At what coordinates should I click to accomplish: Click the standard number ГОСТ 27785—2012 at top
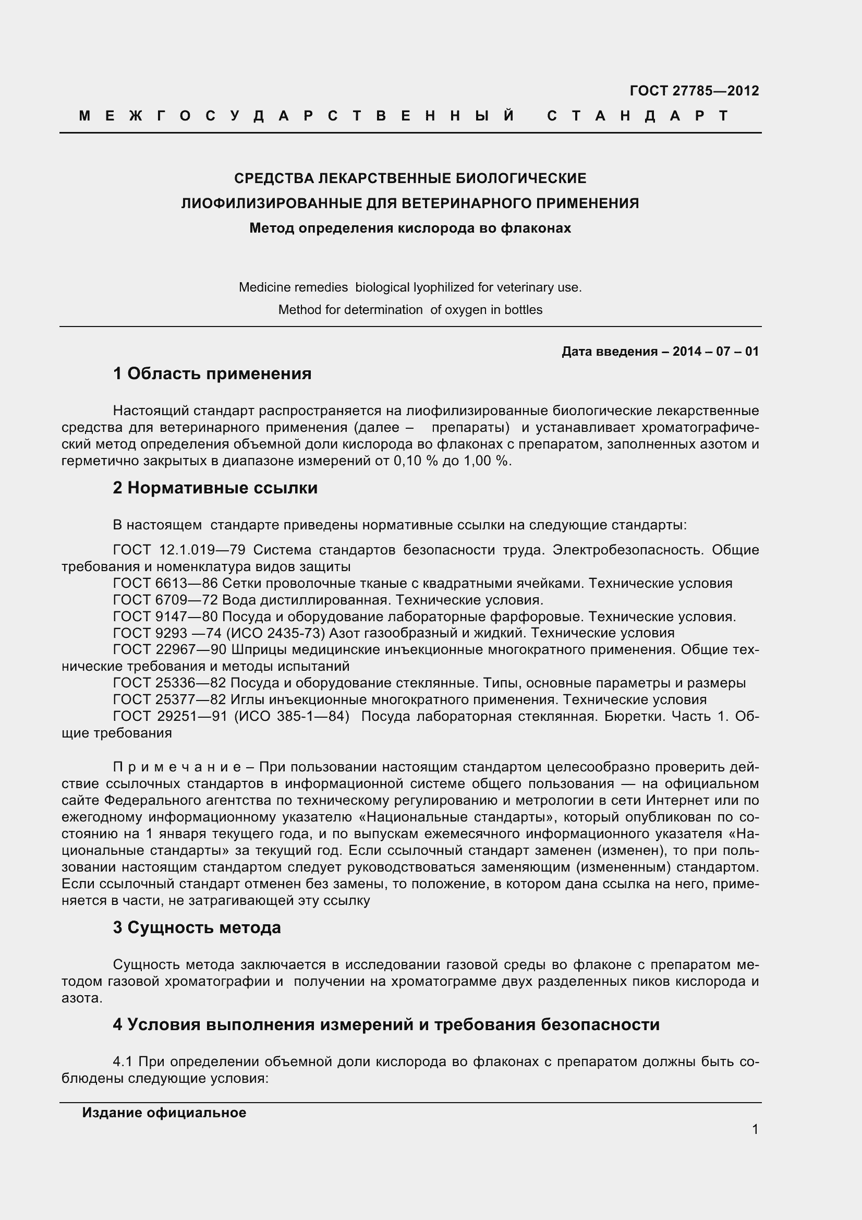[694, 91]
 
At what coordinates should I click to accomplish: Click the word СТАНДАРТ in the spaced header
[638, 116]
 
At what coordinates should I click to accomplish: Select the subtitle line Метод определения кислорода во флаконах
[410, 228]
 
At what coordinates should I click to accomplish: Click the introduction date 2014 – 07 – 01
[715, 351]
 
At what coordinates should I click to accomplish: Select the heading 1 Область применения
[212, 373]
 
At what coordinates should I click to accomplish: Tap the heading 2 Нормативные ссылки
[215, 487]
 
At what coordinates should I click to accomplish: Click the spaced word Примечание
[177, 767]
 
